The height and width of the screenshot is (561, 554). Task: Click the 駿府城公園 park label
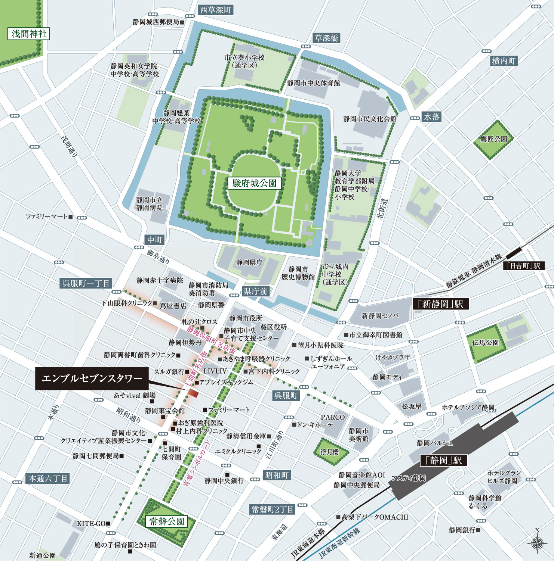(x=254, y=183)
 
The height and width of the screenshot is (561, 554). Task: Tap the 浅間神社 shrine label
(x=29, y=34)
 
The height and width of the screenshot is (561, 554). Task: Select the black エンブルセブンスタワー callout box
(x=92, y=378)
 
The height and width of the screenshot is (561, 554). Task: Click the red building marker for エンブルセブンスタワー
(x=193, y=393)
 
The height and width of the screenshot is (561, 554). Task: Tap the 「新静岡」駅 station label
(x=440, y=304)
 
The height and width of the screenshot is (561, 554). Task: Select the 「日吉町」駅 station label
(x=524, y=266)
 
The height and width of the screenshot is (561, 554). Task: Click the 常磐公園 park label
(x=167, y=521)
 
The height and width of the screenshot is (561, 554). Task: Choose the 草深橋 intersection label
(x=326, y=38)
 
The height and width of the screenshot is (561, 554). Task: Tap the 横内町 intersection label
(x=504, y=61)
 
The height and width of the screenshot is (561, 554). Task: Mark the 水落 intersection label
(x=432, y=117)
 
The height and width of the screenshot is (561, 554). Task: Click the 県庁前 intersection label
(x=255, y=291)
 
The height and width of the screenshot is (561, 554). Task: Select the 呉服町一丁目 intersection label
(x=86, y=283)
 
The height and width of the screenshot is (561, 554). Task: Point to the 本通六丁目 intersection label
(x=48, y=479)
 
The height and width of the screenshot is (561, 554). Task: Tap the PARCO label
(x=332, y=417)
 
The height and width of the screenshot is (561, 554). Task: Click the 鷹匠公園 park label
(x=493, y=139)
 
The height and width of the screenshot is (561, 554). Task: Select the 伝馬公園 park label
(x=485, y=342)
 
